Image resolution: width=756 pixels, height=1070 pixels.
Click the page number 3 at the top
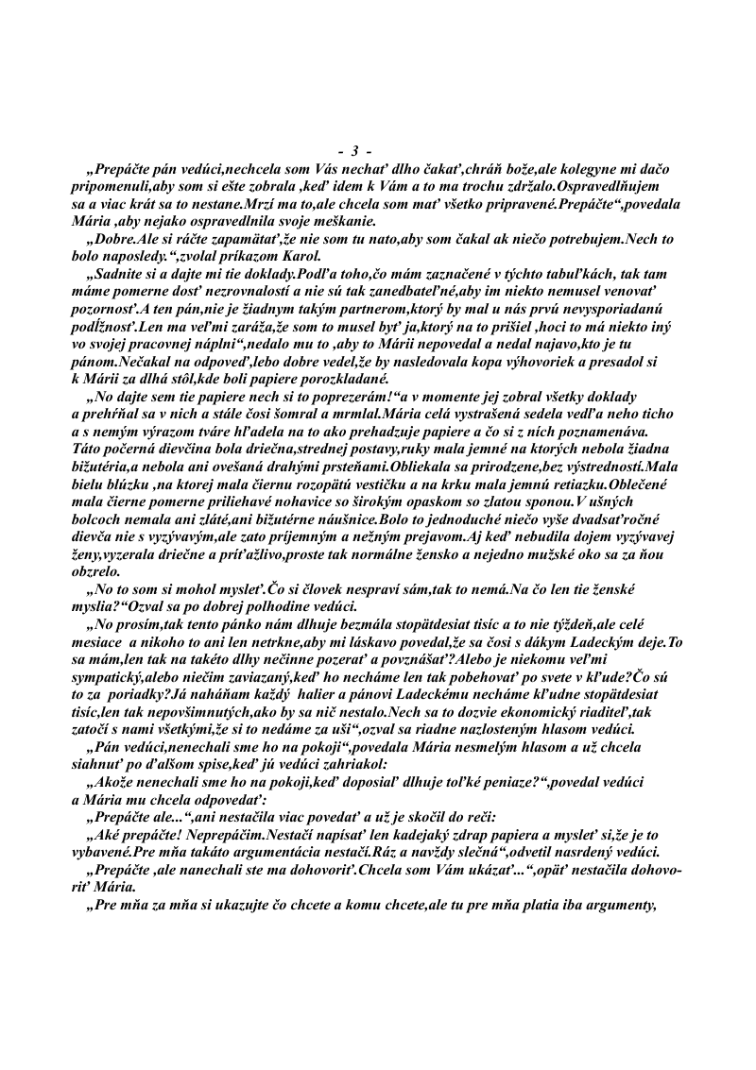click(x=354, y=151)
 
